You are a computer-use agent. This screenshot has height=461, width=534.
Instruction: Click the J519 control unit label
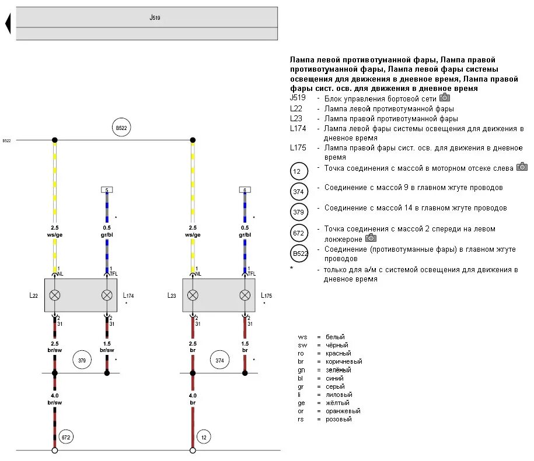point(155,18)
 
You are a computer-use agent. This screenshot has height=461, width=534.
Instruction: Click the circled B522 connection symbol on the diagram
point(121,128)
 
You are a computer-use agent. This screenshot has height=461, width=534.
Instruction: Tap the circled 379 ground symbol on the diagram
point(82,361)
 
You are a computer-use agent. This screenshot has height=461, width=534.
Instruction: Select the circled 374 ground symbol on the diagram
point(219,361)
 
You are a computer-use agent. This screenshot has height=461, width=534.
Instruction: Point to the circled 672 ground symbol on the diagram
point(65,437)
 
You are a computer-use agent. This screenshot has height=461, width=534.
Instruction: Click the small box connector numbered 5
point(107,190)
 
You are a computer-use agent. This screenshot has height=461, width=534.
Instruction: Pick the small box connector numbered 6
point(245,190)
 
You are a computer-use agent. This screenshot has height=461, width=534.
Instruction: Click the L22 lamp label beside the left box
point(34,295)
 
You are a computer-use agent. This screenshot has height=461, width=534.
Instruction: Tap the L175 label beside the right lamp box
point(267,295)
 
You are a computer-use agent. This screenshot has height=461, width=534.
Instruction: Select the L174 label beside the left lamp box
point(129,295)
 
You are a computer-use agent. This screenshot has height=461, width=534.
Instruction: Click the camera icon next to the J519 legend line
point(444,98)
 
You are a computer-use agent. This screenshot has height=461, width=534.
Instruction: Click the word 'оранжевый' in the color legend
point(339,411)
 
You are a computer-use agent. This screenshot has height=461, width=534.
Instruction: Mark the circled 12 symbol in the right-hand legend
point(299,171)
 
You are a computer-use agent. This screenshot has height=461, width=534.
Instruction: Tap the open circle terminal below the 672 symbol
point(55,450)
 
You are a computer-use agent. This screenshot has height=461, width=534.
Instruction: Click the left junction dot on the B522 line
point(55,140)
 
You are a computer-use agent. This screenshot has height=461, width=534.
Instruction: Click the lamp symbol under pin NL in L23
point(193,295)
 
